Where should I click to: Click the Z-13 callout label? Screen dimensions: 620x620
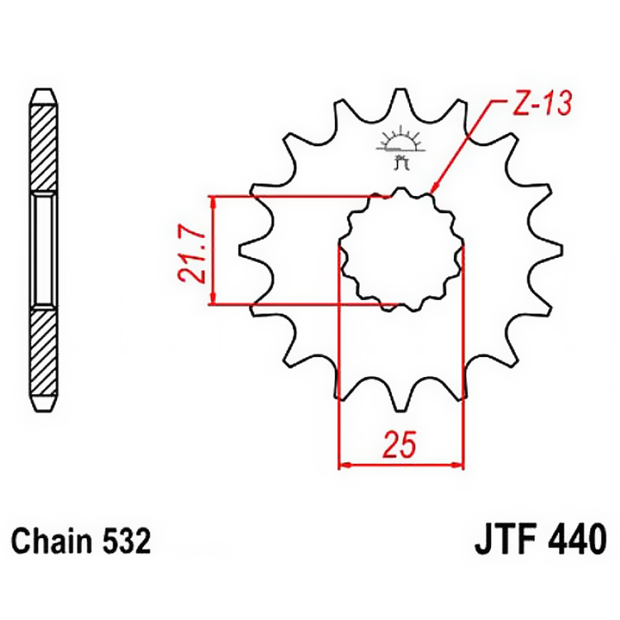coord(538,105)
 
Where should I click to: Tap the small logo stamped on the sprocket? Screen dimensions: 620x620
coord(400,148)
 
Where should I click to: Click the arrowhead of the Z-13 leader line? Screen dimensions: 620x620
coord(434,191)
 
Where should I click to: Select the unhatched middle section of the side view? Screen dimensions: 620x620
coord(44,250)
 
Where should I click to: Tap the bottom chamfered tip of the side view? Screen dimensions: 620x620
coord(44,407)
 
